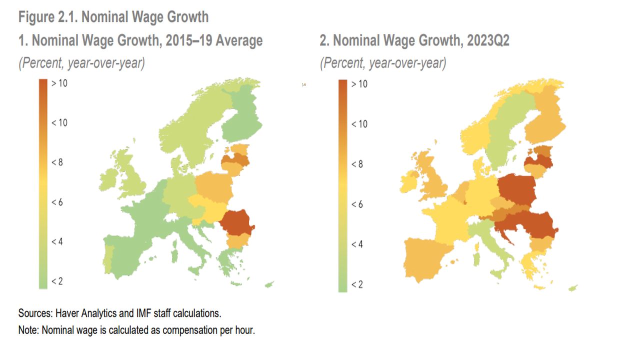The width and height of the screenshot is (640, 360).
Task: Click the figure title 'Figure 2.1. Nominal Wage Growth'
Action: [x=113, y=17]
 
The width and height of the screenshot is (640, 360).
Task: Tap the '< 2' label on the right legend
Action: [x=358, y=284]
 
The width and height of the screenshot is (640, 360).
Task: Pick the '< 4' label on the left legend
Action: [x=57, y=241]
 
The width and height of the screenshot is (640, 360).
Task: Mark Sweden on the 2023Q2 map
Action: [x=505, y=130]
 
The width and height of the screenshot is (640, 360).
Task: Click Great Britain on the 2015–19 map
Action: [x=132, y=180]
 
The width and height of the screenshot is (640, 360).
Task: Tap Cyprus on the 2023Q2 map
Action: [x=573, y=288]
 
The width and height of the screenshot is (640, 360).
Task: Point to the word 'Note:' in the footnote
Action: [x=29, y=330]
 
